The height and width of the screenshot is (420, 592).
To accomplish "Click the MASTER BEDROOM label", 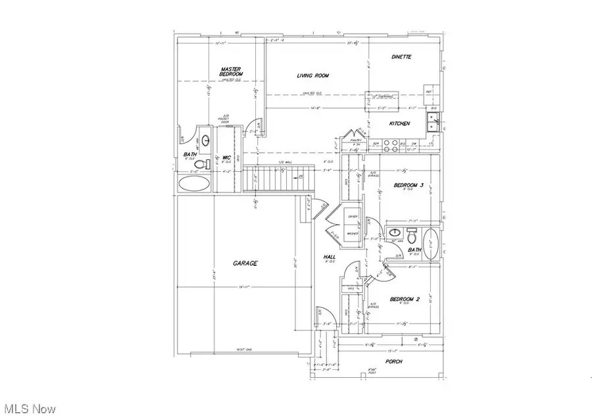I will (x=232, y=71).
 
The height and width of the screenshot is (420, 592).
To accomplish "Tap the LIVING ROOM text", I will (x=312, y=76).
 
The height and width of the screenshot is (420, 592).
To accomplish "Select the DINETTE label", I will (x=401, y=57).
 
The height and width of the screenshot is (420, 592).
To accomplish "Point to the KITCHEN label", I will (x=400, y=123).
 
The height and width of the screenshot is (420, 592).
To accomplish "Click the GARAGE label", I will (x=245, y=263).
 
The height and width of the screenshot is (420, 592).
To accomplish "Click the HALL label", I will (x=330, y=257).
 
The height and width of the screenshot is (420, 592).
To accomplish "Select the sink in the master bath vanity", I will (x=205, y=140).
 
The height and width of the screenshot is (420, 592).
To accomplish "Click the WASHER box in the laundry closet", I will (x=353, y=232).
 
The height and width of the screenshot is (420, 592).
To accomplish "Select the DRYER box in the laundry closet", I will (x=353, y=217).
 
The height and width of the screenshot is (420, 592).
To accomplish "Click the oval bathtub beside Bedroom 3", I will (x=432, y=242).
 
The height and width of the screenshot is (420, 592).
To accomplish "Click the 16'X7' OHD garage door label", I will (x=243, y=350).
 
